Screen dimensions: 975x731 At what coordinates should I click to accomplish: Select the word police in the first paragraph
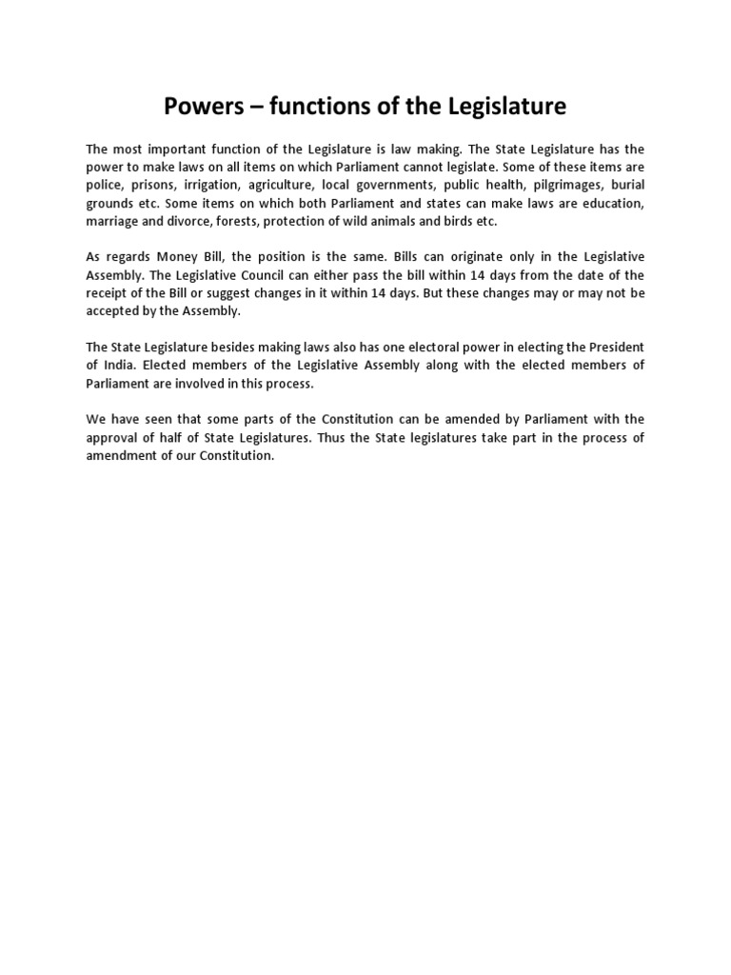(104, 185)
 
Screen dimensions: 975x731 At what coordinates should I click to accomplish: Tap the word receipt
(107, 293)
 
